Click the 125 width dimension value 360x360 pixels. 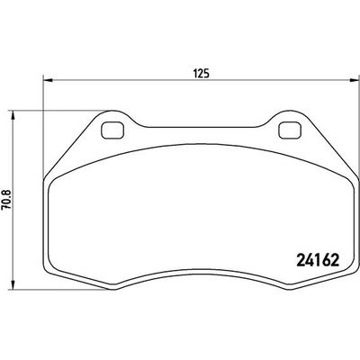click(x=201, y=73)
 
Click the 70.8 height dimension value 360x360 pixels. click(x=7, y=200)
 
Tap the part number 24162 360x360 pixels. click(x=318, y=260)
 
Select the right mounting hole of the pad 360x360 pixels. click(x=289, y=130)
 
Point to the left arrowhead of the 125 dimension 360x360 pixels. click(x=48, y=80)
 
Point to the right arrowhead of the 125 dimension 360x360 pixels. click(x=354, y=80)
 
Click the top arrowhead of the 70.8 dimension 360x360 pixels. click(x=13, y=115)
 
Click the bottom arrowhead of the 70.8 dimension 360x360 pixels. click(x=13, y=285)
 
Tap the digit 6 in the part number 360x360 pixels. click(x=326, y=260)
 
